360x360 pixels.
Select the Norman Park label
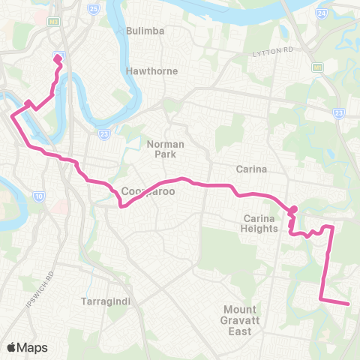(x=164, y=148)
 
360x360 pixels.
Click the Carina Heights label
(x=260, y=223)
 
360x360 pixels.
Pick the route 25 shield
(x=93, y=9)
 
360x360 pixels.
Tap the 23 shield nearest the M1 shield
(x=338, y=112)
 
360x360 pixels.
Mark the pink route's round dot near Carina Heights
(x=294, y=209)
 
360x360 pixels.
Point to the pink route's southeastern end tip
(x=349, y=304)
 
